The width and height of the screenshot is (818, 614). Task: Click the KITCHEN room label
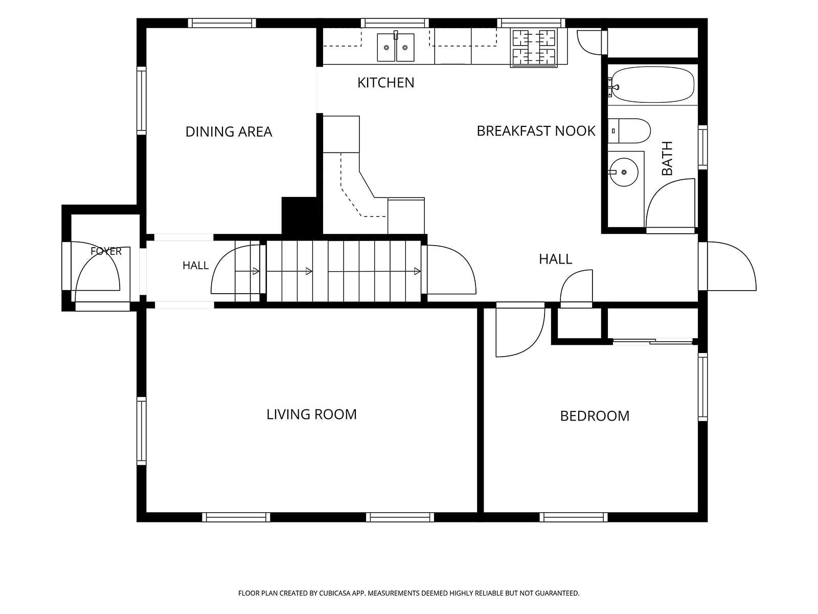[385, 83]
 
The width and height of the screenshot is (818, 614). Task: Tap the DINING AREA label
[229, 131]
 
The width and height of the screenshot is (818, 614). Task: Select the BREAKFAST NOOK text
[536, 131]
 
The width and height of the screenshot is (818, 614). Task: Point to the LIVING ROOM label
[311, 414]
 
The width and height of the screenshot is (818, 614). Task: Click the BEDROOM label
[595, 416]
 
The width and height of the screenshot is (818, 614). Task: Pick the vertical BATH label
[667, 158]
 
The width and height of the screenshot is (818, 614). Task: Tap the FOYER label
[106, 251]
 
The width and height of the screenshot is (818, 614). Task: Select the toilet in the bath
[629, 131]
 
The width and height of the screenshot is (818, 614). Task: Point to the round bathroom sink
[623, 172]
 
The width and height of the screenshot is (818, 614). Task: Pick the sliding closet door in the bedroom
[653, 341]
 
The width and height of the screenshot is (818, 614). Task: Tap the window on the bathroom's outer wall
[702, 147]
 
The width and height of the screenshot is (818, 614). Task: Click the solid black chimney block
[302, 215]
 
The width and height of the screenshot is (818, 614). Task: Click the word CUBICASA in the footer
[335, 593]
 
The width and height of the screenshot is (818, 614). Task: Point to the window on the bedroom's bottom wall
[574, 517]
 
